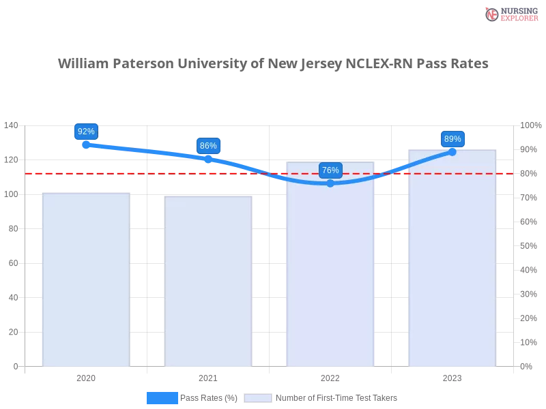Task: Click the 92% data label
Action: (x=86, y=132)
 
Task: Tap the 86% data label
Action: (x=208, y=146)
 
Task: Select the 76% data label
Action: (x=330, y=170)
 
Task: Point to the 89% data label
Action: (x=452, y=139)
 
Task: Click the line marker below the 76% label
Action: (x=330, y=183)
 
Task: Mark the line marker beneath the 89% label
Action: (x=452, y=151)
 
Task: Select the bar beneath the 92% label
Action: (x=85, y=279)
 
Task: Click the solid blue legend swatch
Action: (x=162, y=397)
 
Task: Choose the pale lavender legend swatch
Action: (x=258, y=398)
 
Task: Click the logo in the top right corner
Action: (x=510, y=14)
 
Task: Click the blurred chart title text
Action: (x=273, y=63)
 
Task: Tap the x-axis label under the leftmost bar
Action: (x=86, y=376)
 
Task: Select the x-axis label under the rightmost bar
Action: (x=452, y=376)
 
